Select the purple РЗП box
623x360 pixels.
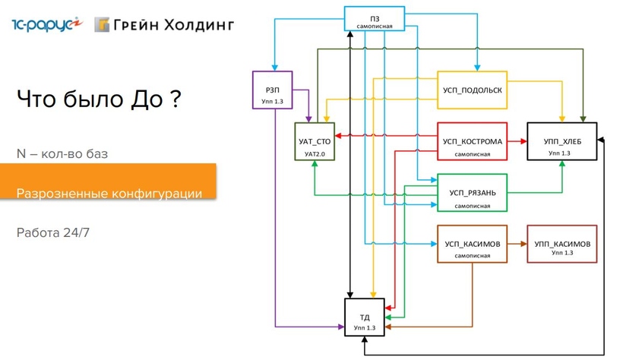point(271,90)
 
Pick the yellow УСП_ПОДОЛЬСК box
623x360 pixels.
point(472,90)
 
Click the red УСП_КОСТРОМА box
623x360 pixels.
point(472,142)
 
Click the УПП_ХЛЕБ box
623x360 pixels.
point(562,142)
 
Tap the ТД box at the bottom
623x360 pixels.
point(364,320)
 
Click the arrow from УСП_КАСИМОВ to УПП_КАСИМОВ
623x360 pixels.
point(517,244)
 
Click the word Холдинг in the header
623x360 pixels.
point(198,24)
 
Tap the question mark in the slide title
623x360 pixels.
point(175,99)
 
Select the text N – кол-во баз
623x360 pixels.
point(62,154)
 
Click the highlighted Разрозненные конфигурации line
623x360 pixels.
point(109,194)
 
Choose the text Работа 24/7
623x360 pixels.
point(53,232)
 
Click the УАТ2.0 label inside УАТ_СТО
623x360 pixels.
point(313,154)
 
